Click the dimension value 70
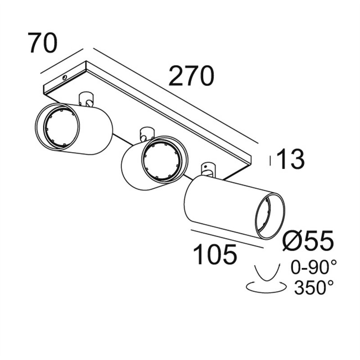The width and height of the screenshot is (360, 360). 42,43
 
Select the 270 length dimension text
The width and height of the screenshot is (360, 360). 191,76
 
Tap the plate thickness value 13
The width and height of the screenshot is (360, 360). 291,159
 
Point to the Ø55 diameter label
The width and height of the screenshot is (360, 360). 308,240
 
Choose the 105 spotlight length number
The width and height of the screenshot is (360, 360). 215,254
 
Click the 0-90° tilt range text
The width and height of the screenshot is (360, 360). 314,267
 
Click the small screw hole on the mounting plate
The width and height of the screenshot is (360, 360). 65,77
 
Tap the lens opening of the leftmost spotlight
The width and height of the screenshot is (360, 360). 62,128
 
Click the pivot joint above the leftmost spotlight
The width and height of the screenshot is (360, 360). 86,99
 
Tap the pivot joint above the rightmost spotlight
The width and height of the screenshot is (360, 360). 208,170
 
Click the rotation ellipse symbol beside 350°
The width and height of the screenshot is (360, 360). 266,287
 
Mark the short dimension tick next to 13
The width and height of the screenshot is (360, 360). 270,161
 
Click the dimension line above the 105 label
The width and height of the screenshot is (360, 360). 227,239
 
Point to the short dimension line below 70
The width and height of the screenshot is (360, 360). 62,61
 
